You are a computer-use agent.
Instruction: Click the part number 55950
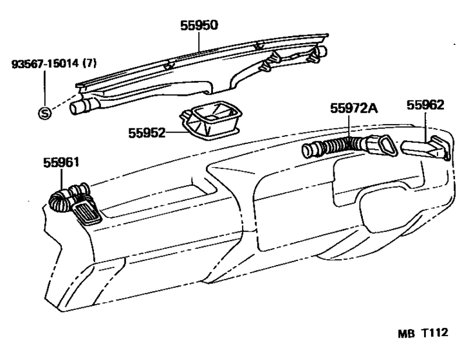[x=199, y=25]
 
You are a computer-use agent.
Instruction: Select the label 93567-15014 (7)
[x=54, y=63]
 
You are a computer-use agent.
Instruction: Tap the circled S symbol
[x=44, y=113]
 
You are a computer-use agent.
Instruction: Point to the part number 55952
[x=147, y=133]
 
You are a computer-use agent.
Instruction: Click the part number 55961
[x=61, y=163]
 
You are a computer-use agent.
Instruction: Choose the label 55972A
[x=353, y=109]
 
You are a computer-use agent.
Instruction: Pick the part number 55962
[x=425, y=105]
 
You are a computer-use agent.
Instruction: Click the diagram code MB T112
[x=423, y=333]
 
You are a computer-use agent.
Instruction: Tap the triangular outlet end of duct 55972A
[x=385, y=147]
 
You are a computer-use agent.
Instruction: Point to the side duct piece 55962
[x=426, y=148]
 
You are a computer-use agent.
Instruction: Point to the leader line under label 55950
[x=199, y=42]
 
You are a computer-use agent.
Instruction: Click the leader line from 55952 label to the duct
[x=177, y=133]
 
